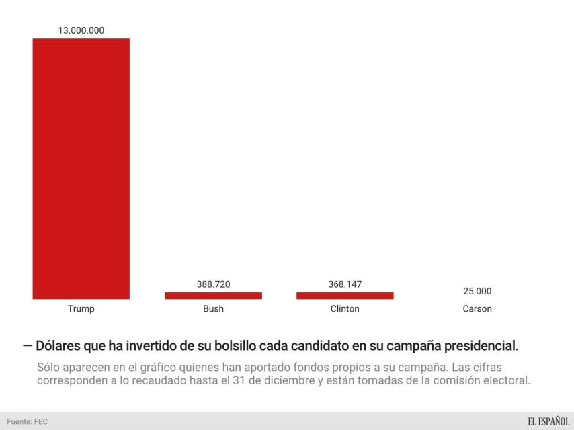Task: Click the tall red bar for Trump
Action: click(x=81, y=168)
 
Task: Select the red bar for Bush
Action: click(x=213, y=295)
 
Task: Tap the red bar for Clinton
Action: click(x=345, y=295)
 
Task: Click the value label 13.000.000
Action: click(x=81, y=30)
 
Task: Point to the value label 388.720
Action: click(x=213, y=284)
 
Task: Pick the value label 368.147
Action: click(x=345, y=284)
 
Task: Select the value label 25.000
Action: click(x=477, y=291)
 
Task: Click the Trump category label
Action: click(x=81, y=309)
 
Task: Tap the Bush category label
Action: click(x=213, y=309)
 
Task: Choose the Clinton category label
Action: click(x=345, y=309)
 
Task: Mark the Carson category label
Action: click(x=477, y=309)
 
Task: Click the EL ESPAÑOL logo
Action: click(x=548, y=421)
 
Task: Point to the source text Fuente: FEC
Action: click(x=28, y=422)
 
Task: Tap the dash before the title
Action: click(x=27, y=346)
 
